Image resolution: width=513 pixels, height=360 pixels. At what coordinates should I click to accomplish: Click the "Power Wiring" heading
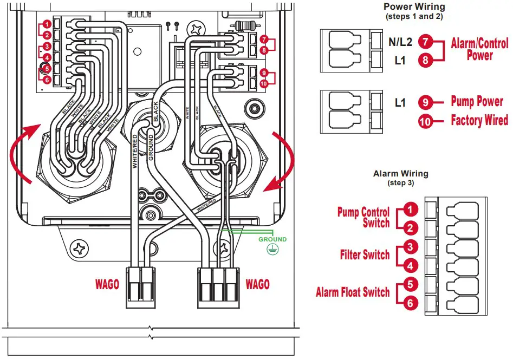414,7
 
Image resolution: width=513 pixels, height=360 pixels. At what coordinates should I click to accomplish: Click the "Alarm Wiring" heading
400,174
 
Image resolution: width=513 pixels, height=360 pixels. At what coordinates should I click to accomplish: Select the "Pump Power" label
477,102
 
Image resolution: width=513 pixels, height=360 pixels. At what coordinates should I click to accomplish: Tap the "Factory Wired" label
479,120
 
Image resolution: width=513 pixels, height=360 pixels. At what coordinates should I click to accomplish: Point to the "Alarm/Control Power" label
479,49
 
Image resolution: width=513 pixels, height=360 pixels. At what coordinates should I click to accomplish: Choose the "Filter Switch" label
365,254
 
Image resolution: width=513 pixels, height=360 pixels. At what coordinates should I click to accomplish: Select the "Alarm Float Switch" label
353,292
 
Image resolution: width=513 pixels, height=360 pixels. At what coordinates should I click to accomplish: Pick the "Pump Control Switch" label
363,218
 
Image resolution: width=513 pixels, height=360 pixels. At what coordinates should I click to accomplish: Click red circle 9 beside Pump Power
426,102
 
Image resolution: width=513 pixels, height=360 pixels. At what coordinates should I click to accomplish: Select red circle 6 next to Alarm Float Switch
410,304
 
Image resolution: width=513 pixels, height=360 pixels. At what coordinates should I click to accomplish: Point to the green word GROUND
272,239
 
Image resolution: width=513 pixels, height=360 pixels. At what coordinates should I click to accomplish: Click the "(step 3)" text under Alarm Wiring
400,183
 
